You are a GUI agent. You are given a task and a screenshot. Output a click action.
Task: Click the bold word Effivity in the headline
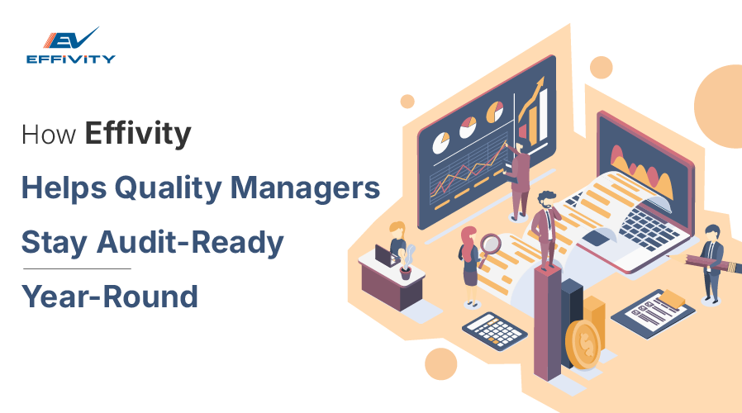(137, 134)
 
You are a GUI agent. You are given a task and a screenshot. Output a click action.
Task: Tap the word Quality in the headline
(168, 188)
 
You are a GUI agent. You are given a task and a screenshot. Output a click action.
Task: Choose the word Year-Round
(109, 296)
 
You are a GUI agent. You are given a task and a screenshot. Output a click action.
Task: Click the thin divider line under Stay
(76, 268)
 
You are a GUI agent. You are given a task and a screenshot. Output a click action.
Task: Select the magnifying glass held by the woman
(490, 244)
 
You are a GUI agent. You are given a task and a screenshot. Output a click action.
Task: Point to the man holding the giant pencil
(711, 262)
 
